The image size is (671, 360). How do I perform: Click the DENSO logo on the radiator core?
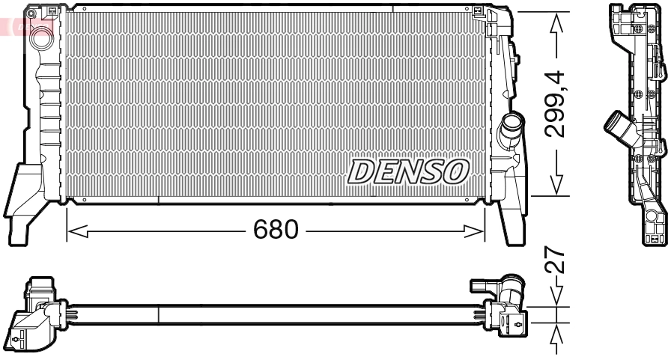tap(408, 172)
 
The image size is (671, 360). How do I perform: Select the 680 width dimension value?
tap(276, 230)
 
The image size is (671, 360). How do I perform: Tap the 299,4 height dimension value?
tap(555, 104)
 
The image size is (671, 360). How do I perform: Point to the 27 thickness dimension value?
tap(555, 264)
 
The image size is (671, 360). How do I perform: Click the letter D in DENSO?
tap(362, 172)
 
